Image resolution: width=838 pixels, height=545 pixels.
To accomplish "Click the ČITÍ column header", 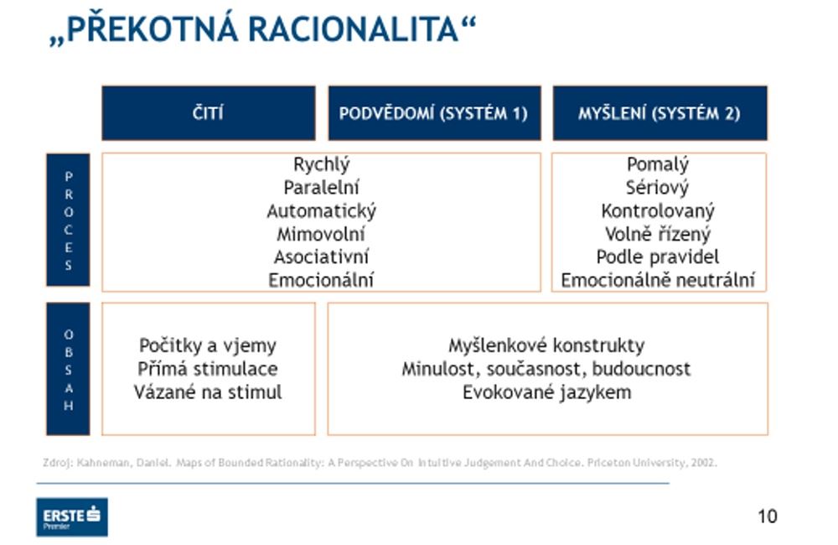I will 208,113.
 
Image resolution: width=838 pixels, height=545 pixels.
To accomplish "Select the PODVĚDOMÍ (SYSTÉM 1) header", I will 433,113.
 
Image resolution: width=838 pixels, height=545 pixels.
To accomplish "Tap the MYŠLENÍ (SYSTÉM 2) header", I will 660,113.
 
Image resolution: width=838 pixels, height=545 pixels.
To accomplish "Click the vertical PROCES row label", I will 68,221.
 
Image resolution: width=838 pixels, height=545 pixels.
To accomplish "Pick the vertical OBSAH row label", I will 68,369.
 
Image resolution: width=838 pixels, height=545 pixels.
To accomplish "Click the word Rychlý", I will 321,165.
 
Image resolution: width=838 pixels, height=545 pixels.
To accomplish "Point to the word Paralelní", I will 321,188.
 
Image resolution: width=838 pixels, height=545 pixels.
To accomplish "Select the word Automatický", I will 321,211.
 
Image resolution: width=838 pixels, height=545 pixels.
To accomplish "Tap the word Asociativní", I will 321,257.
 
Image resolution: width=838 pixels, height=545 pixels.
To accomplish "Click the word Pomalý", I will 658,165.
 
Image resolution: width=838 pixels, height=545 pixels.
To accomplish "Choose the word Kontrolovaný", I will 658,211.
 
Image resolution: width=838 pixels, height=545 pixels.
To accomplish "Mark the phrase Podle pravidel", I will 658,257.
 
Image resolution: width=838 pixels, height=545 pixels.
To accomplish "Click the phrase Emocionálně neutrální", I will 658,280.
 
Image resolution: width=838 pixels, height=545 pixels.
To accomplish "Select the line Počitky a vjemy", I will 208,345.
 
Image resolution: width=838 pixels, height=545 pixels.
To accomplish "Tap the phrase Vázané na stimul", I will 208,392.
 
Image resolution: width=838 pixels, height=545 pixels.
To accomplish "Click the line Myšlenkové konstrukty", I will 546,345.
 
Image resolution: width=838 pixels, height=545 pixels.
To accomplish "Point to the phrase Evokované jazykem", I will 546,392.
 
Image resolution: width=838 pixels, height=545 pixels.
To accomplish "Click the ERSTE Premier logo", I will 71,516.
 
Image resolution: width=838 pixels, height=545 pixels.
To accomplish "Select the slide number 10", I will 767,516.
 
